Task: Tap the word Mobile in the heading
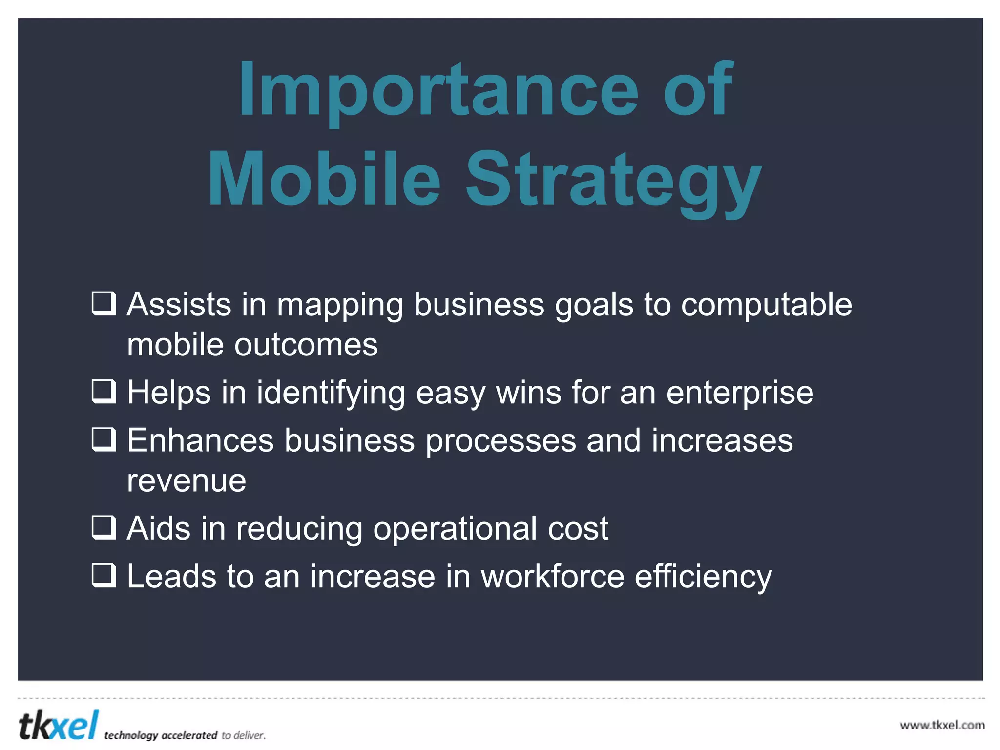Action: point(324,180)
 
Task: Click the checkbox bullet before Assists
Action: point(104,304)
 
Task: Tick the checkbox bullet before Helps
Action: point(104,391)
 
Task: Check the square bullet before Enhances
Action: point(104,439)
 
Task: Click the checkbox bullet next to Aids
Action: point(104,527)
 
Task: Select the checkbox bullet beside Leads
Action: point(104,575)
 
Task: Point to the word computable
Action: point(767,305)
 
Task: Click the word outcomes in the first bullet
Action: point(306,345)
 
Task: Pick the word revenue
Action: point(187,481)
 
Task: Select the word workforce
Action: point(552,576)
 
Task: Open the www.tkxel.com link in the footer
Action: point(942,725)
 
